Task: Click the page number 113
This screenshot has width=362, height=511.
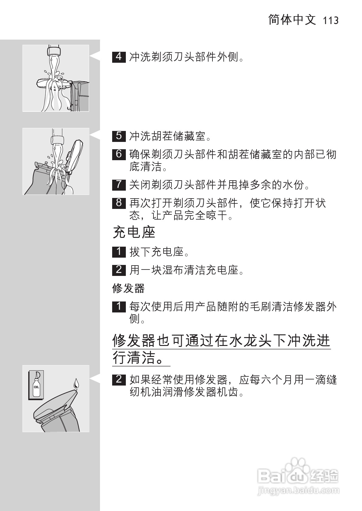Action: [331, 21]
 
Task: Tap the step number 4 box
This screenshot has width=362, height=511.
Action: [119, 57]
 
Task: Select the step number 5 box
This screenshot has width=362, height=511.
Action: [119, 136]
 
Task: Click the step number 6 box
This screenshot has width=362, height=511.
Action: [119, 154]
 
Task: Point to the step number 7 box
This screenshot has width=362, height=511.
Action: [119, 184]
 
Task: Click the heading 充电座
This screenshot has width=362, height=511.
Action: [134, 232]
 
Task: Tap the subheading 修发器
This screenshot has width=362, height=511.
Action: [128, 288]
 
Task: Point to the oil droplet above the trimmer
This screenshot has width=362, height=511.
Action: [76, 383]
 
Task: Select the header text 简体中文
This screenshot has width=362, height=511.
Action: [292, 20]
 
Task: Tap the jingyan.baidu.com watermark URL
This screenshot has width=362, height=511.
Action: [298, 491]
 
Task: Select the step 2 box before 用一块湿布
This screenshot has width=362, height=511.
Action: [119, 270]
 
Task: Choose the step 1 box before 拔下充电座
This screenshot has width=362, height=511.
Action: [119, 252]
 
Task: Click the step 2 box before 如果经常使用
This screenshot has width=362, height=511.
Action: [119, 379]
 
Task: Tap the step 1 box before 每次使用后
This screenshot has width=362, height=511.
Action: [119, 306]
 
